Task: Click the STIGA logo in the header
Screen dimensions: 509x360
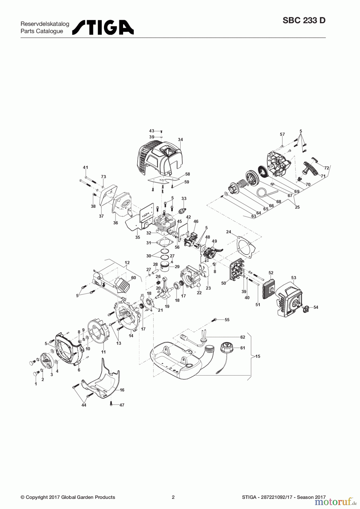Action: pos(103,27)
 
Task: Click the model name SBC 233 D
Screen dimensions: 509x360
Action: pos(304,21)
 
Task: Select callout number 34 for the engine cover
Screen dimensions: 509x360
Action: pos(181,140)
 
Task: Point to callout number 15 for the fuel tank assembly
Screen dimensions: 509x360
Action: pos(258,356)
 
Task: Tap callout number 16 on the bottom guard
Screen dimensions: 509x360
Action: pos(122,390)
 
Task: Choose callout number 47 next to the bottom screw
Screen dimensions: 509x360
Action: pos(122,405)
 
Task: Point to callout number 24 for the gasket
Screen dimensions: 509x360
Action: pos(229,232)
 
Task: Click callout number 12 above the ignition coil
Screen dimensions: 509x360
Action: pos(127,263)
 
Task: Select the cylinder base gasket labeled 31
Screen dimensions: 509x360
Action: pos(162,242)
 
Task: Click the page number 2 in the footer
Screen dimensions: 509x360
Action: pos(173,497)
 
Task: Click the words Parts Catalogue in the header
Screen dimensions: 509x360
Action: pos(42,31)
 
